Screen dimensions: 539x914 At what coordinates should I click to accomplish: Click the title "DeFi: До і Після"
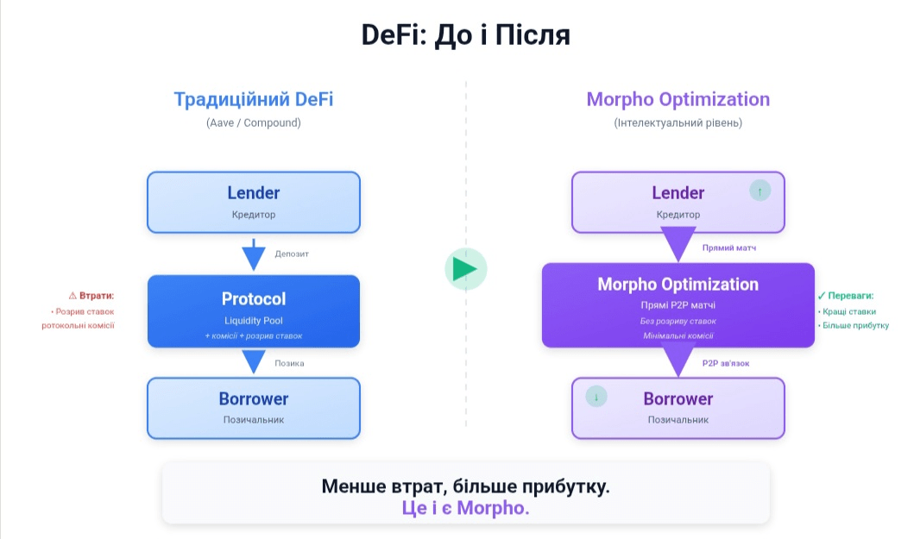[x=465, y=35]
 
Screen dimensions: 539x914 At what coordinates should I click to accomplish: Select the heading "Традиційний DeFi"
[x=253, y=99]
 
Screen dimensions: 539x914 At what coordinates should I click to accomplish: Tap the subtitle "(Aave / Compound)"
[x=253, y=122]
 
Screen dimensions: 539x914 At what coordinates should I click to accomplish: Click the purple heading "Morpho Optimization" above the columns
[x=678, y=99]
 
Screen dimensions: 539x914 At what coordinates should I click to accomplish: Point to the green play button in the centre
[x=466, y=268]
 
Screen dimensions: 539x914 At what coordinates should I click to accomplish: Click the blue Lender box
[x=253, y=202]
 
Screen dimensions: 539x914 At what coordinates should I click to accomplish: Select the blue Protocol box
[x=253, y=310]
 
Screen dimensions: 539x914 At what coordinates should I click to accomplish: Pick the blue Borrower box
[x=253, y=408]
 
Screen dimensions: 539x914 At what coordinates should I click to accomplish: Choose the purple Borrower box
[x=678, y=408]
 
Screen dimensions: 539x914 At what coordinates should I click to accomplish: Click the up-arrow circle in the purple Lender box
[x=760, y=191]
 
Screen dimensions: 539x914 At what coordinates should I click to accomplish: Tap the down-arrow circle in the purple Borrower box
[x=596, y=398]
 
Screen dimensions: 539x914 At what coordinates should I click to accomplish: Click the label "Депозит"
[x=292, y=254]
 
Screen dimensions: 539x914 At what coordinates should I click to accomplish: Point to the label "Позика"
[x=289, y=363]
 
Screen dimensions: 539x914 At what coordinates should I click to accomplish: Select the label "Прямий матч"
[x=729, y=248]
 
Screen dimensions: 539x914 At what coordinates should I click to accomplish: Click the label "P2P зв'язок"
[x=726, y=363]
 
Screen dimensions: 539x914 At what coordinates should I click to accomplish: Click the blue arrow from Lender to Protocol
[x=253, y=255]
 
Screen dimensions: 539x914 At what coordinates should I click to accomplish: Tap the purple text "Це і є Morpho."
[x=465, y=507]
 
